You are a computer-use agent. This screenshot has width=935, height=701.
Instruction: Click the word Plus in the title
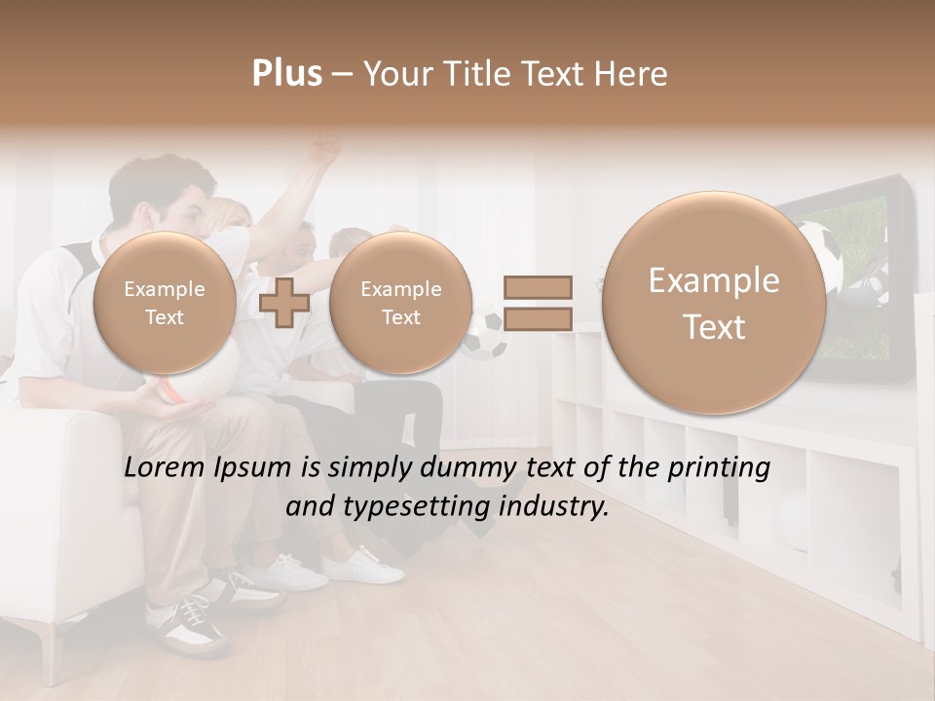(x=287, y=74)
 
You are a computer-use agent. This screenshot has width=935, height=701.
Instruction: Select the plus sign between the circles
(x=285, y=302)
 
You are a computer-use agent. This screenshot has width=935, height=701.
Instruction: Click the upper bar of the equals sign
(x=537, y=287)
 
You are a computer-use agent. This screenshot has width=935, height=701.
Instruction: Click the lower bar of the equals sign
(x=537, y=318)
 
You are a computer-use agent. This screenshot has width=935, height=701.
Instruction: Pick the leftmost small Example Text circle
(x=165, y=302)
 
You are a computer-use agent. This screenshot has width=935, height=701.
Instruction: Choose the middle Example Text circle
(x=400, y=302)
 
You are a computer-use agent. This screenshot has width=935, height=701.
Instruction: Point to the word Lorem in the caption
(x=163, y=468)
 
